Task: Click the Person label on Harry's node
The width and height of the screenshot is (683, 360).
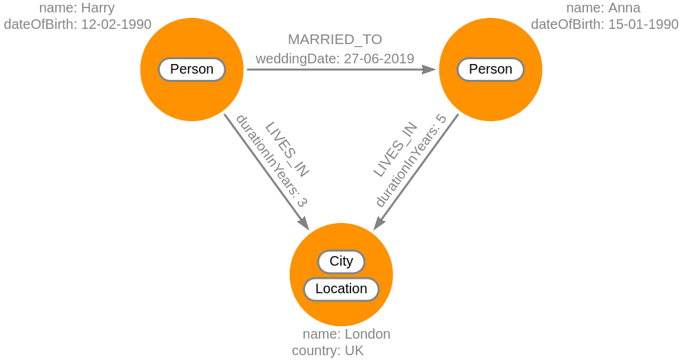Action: click(191, 70)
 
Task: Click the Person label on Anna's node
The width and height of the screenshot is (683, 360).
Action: click(490, 70)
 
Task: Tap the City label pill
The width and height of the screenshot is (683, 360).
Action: click(341, 262)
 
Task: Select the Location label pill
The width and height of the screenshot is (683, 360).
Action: click(341, 289)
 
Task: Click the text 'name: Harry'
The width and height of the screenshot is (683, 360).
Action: click(76, 8)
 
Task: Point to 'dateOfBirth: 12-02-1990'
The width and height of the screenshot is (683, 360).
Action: click(77, 25)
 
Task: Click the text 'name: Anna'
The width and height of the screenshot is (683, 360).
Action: click(603, 8)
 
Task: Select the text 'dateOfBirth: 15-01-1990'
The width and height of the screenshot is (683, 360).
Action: click(605, 25)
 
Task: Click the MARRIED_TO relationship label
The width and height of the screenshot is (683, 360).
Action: click(335, 39)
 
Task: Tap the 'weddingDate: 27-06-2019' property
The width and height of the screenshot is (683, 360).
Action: click(335, 59)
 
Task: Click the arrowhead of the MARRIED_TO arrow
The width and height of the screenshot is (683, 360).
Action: click(429, 70)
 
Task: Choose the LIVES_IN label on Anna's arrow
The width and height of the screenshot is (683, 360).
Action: click(395, 149)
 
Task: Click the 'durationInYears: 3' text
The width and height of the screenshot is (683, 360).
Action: click(271, 160)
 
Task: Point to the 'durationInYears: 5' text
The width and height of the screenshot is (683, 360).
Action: click(411, 160)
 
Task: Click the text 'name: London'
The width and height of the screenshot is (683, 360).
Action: click(346, 335)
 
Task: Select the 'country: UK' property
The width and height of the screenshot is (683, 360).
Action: click(328, 351)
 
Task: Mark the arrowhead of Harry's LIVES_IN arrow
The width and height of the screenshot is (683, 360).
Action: click(304, 223)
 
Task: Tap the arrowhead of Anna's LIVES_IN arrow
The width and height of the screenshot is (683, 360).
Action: click(378, 224)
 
